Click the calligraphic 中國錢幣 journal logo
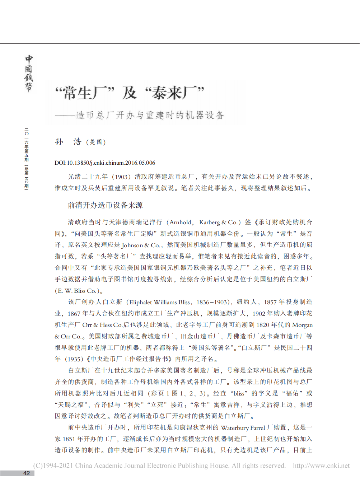(x=29, y=73)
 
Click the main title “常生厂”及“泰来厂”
(x=130, y=93)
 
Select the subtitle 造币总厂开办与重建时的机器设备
(x=150, y=115)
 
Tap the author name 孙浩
(x=68, y=142)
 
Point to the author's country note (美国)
(x=96, y=142)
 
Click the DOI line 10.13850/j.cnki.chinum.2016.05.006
(x=105, y=163)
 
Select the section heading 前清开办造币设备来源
(x=105, y=205)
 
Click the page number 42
(x=27, y=473)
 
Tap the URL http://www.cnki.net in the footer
(x=321, y=465)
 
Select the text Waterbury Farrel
(x=243, y=427)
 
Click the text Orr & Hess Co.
(x=103, y=325)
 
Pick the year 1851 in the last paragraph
(x=69, y=439)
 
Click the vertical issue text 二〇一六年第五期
(x=27, y=145)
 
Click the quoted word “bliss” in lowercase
(x=239, y=393)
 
